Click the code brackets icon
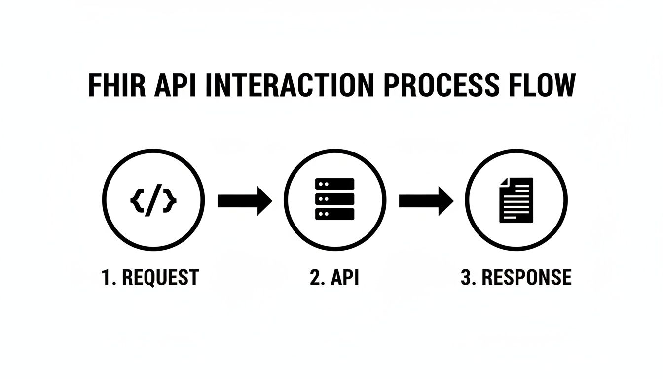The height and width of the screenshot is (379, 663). click(x=153, y=200)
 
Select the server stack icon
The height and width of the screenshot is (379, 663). click(x=334, y=199)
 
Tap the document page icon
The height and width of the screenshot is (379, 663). click(x=516, y=200)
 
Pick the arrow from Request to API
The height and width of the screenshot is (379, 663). click(x=244, y=200)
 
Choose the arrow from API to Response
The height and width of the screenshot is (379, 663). click(x=426, y=200)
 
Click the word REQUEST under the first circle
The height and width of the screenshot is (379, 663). click(x=160, y=277)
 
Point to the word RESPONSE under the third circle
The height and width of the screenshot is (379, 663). click(x=526, y=277)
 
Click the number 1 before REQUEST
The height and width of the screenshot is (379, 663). click(x=106, y=277)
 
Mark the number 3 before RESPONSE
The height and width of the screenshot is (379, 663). click(x=466, y=277)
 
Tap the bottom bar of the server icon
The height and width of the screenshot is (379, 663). click(x=334, y=214)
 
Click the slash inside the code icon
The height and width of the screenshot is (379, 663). click(x=153, y=200)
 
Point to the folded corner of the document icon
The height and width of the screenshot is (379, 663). click(x=504, y=182)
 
